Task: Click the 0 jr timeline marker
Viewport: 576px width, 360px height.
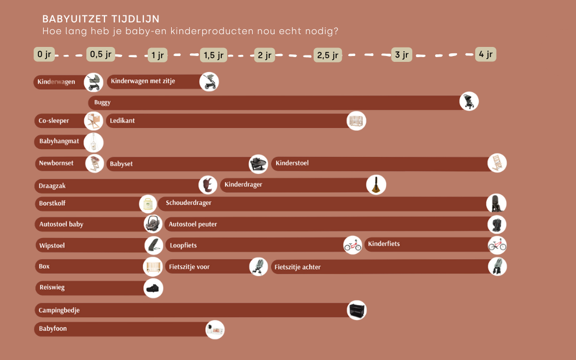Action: (44, 54)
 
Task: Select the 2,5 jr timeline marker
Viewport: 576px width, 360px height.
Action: (327, 55)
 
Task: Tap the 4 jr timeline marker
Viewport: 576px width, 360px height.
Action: (485, 54)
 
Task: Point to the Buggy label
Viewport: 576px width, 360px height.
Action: (102, 102)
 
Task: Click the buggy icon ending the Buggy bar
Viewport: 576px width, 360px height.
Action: (469, 101)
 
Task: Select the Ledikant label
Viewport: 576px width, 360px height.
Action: (122, 121)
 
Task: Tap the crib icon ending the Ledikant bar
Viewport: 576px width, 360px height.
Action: (356, 121)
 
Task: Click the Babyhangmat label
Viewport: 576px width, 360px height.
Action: (59, 141)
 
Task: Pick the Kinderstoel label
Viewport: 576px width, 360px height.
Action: (292, 163)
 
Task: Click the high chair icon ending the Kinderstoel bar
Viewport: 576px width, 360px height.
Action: (497, 163)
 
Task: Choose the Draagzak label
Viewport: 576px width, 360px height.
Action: (52, 186)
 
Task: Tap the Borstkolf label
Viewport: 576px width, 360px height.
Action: (52, 203)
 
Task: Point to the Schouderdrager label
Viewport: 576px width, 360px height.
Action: (188, 203)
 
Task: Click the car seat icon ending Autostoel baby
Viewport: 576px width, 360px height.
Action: (153, 223)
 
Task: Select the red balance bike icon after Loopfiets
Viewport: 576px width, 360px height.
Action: (353, 245)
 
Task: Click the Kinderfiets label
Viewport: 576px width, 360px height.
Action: (383, 244)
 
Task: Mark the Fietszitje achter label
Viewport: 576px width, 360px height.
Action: (298, 267)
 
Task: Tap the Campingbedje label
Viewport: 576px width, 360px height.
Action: (59, 310)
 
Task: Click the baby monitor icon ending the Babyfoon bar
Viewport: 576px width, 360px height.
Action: (215, 330)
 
